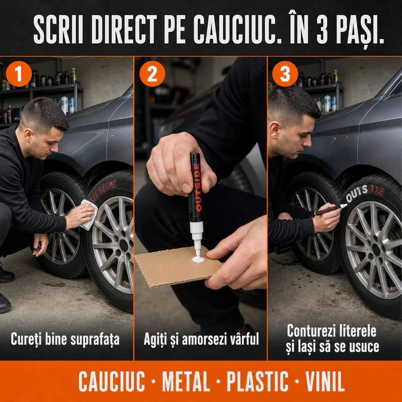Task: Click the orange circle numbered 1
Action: (x=18, y=74)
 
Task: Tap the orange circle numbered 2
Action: (x=152, y=74)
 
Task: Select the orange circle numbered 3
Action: (x=285, y=74)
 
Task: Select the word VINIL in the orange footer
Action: (x=324, y=381)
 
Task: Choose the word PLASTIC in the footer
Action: (x=257, y=381)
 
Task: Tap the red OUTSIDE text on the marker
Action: (x=197, y=187)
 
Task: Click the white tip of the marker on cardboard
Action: (x=198, y=258)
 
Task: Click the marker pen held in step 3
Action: (x=331, y=209)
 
